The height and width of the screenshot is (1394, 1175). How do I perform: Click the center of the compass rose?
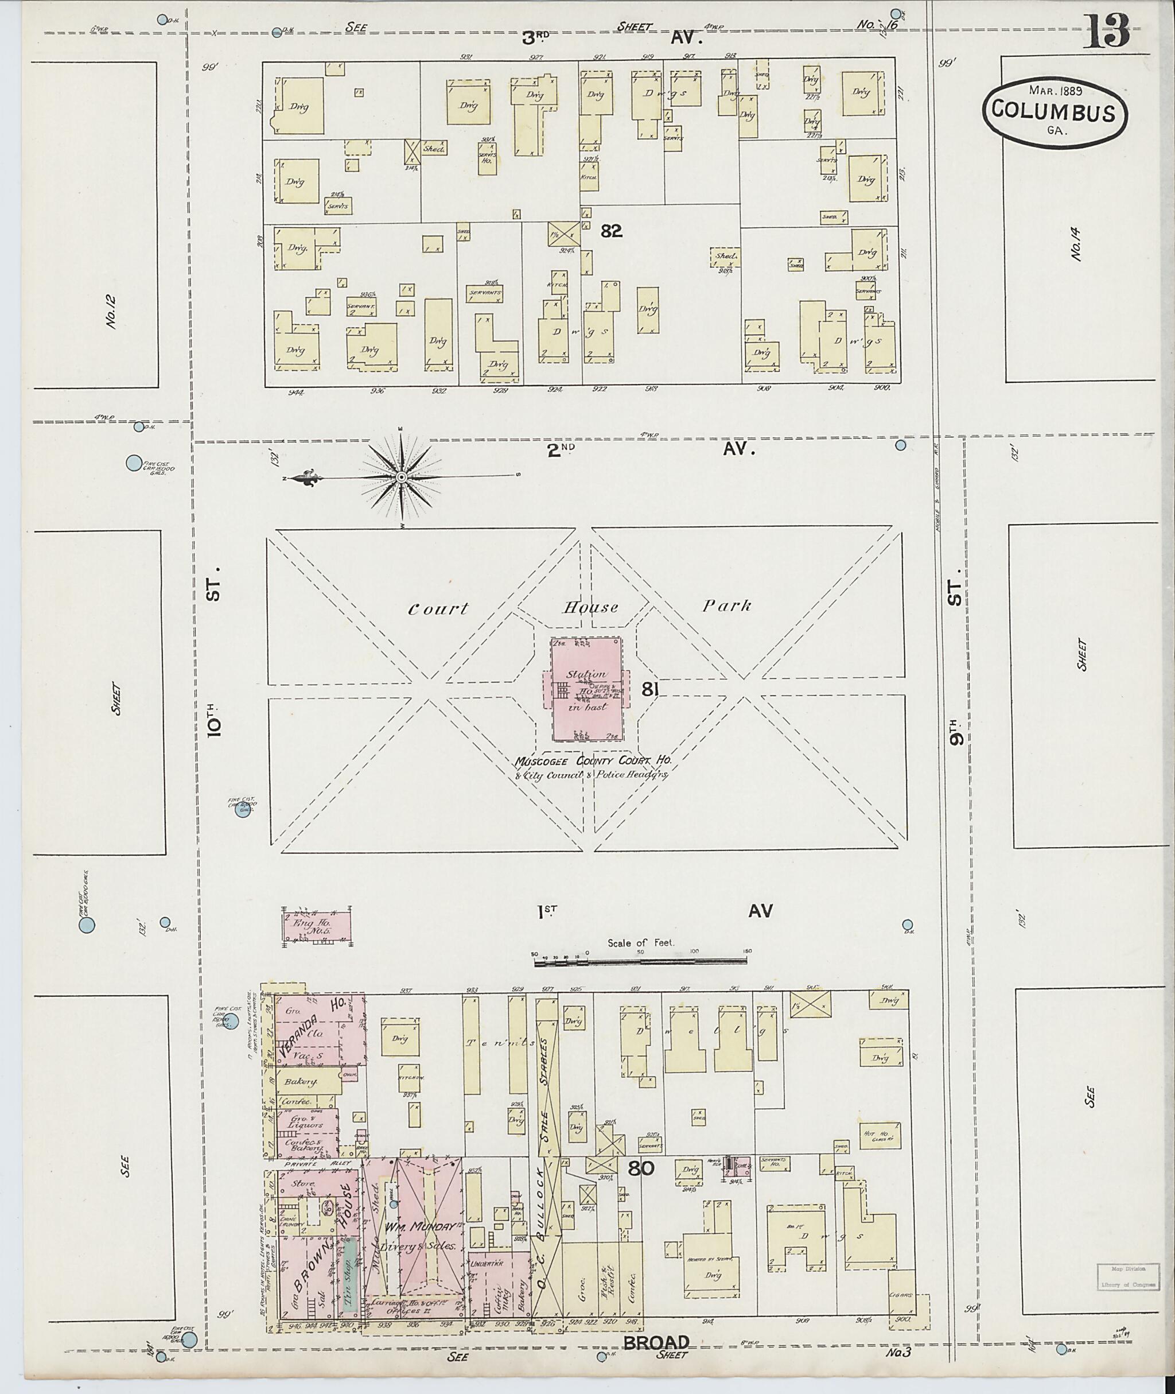click(402, 477)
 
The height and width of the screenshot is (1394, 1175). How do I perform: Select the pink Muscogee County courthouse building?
click(586, 690)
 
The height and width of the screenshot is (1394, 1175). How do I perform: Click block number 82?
click(611, 231)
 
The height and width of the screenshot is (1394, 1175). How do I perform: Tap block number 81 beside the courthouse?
click(650, 690)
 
